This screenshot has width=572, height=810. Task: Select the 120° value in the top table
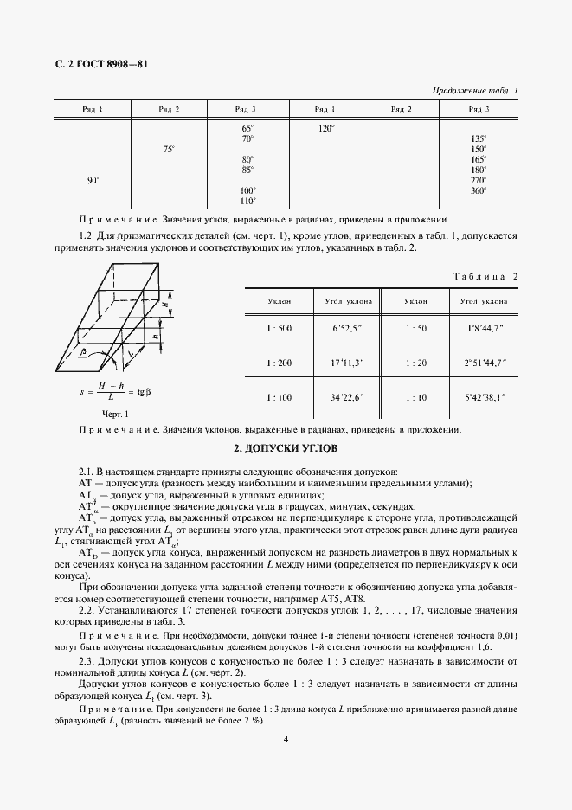tap(326, 128)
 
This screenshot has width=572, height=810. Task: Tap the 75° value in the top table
tap(170, 150)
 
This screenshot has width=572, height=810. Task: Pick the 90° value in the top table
tap(93, 180)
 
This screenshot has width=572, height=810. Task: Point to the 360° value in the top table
tap(479, 190)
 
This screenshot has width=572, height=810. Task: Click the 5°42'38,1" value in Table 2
tap(484, 396)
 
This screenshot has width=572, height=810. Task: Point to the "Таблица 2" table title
tap(485, 276)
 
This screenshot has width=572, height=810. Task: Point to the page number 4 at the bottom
tap(286, 739)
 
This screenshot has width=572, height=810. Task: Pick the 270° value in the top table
tap(479, 180)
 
